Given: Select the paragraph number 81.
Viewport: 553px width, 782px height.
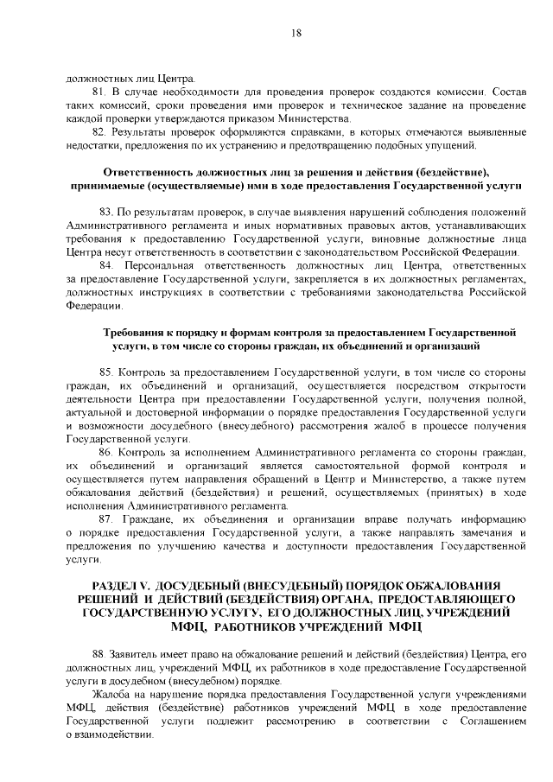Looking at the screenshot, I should [x=99, y=91].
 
